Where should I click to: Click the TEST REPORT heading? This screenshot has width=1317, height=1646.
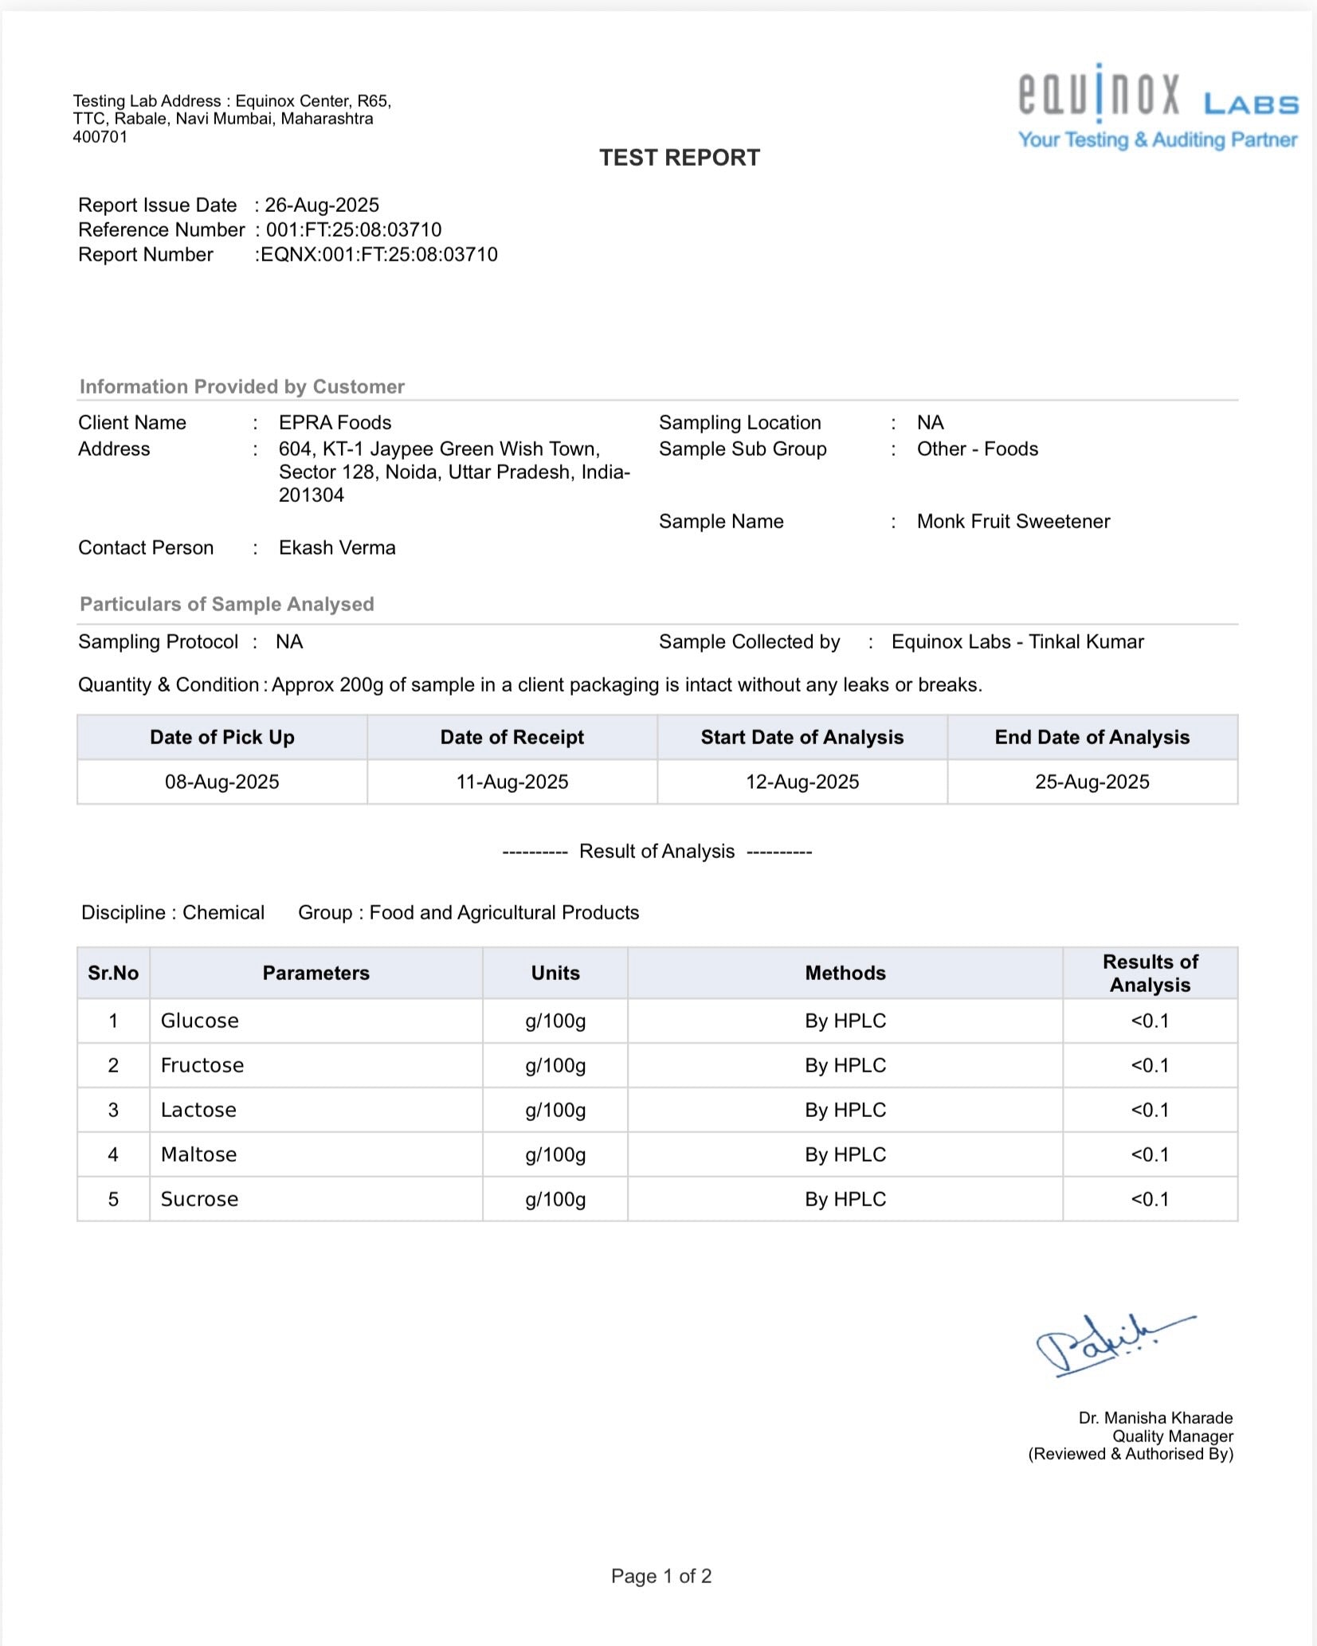click(680, 158)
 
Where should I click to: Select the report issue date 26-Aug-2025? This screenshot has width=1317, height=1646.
click(322, 206)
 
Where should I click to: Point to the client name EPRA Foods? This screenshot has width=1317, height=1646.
click(335, 422)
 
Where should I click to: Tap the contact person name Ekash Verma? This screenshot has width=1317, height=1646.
click(337, 547)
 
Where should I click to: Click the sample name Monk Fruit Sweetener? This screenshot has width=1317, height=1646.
click(1013, 521)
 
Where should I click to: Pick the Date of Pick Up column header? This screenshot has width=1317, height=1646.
click(222, 737)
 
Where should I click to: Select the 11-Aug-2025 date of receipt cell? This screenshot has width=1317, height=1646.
click(512, 782)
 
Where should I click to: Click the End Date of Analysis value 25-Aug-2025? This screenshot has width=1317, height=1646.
click(1092, 782)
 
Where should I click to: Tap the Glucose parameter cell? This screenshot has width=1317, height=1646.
click(200, 1021)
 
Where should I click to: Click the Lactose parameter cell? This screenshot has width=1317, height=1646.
click(198, 1110)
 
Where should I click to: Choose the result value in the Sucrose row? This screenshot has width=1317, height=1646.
click(1150, 1199)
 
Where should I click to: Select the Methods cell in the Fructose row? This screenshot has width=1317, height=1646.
click(845, 1065)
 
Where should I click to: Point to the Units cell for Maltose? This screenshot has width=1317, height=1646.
click(555, 1154)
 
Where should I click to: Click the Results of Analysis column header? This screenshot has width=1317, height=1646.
click(1150, 973)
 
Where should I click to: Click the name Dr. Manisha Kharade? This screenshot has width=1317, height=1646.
click(1155, 1418)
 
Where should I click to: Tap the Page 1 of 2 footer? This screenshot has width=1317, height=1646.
click(661, 1576)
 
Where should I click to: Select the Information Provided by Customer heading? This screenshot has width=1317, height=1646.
click(242, 386)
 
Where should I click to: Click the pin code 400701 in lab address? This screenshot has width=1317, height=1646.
click(100, 136)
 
